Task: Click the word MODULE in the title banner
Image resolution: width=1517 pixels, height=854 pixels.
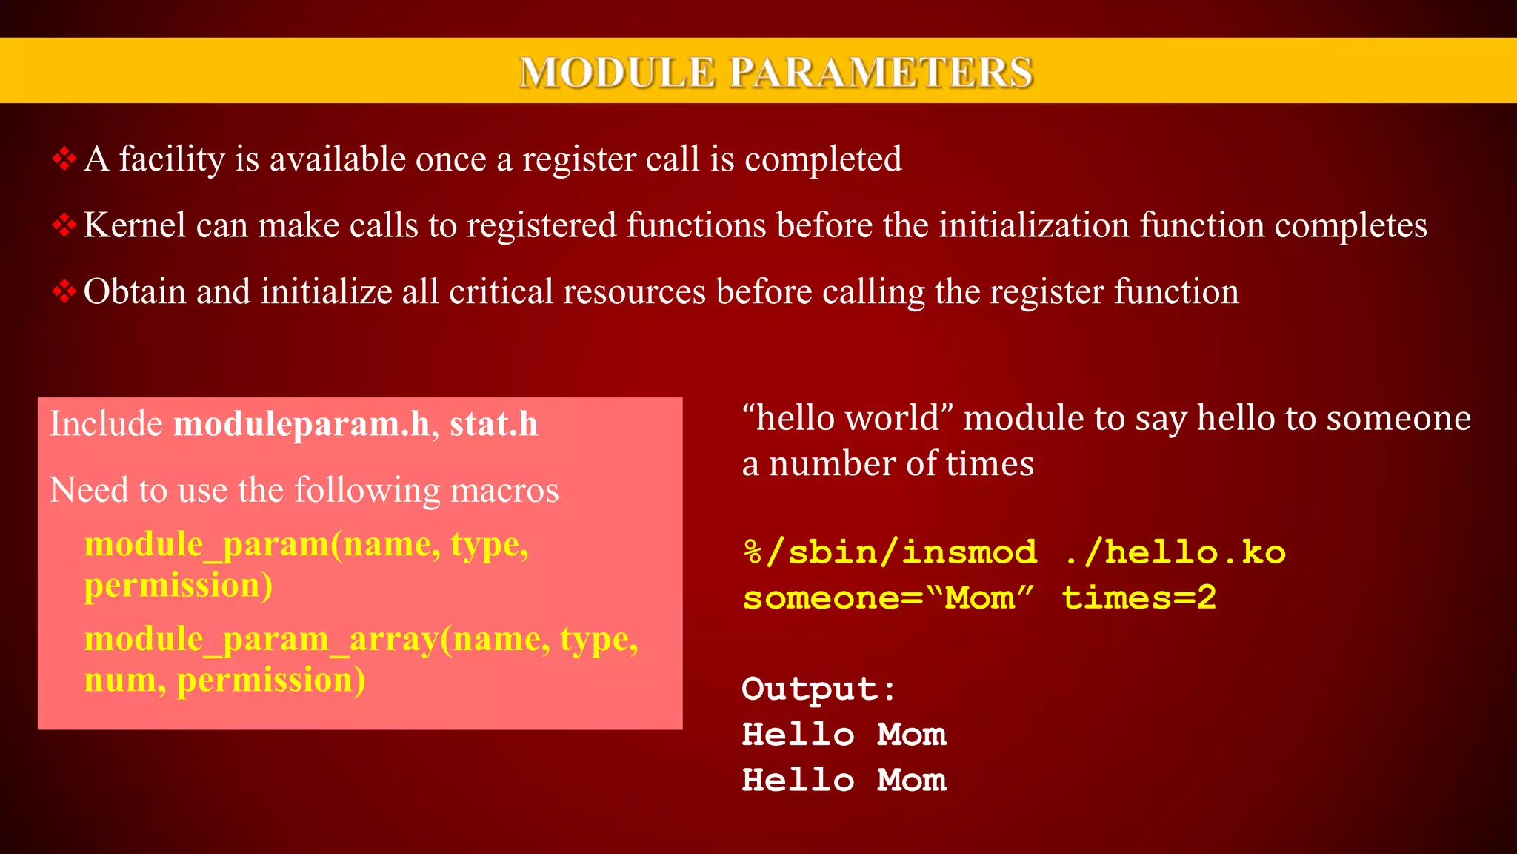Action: click(617, 73)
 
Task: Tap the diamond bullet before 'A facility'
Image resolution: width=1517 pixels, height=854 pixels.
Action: click(64, 159)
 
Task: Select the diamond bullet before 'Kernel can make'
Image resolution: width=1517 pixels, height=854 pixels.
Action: click(64, 225)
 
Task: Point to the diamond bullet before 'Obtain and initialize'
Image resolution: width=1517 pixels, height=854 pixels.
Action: click(64, 291)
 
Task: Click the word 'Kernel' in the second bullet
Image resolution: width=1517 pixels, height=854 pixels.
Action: click(134, 225)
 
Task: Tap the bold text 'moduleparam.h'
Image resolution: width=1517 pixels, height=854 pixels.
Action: click(301, 424)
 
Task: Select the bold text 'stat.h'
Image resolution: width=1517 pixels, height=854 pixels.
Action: click(493, 424)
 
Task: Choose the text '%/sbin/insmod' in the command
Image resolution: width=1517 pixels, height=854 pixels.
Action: click(890, 553)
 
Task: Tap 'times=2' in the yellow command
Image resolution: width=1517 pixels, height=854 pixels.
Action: click(1139, 598)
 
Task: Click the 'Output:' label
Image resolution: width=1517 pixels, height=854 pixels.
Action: click(818, 689)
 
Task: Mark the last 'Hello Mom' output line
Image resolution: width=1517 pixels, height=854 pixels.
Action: click(844, 781)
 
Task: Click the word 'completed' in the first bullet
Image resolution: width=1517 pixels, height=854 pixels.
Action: click(823, 159)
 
